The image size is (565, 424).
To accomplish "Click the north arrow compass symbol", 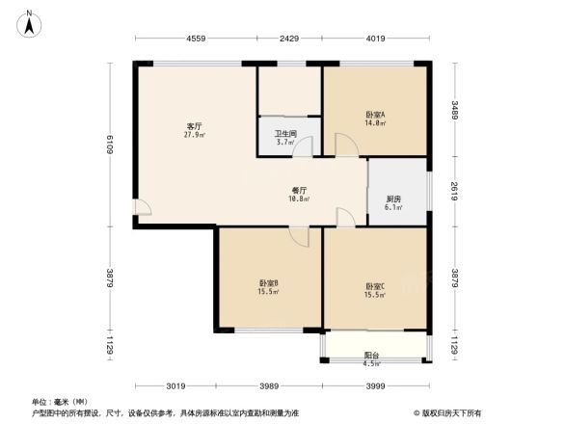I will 30,20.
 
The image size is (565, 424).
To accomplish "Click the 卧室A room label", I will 376,114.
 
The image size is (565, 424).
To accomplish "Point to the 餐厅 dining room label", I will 299,190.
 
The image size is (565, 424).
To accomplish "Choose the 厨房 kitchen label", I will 393,199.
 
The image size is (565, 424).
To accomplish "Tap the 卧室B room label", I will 268,282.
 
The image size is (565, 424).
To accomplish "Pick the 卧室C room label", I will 375,285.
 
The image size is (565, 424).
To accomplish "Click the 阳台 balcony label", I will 371,355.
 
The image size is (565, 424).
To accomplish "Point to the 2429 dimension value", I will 289,39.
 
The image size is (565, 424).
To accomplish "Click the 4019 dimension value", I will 375,39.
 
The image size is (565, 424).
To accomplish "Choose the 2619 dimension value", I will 455,191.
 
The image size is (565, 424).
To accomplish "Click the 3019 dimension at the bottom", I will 175,386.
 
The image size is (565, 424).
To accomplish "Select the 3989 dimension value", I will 269,386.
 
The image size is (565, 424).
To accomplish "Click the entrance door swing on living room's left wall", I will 144,208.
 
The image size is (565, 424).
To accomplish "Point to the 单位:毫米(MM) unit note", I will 60,401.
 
